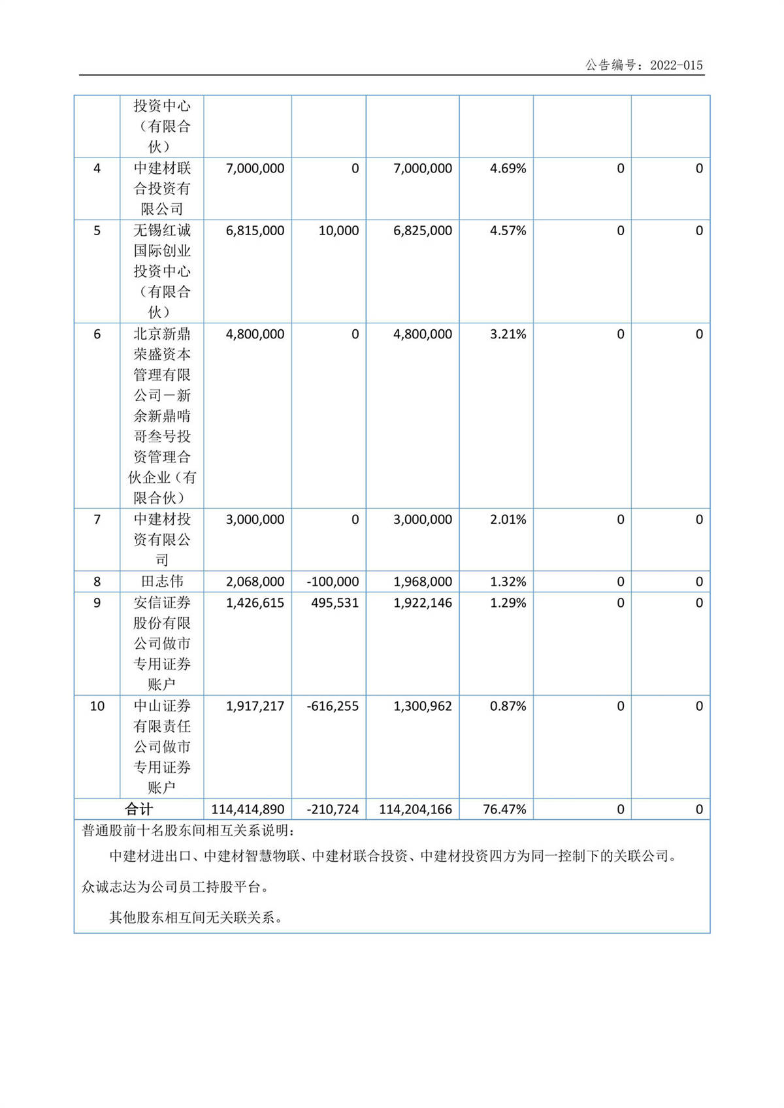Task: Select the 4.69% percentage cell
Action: tap(508, 169)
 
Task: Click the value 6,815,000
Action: tap(255, 231)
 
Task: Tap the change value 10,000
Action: tap(338, 231)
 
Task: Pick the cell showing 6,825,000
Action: tap(422, 231)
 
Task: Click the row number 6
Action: tap(97, 334)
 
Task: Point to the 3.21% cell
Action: tap(508, 334)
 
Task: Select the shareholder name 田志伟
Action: tap(162, 581)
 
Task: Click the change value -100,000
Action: tap(333, 581)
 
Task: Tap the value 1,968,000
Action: tap(422, 581)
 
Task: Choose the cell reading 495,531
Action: tap(335, 603)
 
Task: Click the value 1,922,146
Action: tap(422, 603)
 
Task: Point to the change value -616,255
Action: tap(333, 706)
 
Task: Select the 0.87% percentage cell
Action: tap(508, 706)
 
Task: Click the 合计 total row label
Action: tap(139, 809)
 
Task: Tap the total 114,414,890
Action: tap(248, 809)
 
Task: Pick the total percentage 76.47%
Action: tap(504, 809)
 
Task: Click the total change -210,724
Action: tap(333, 809)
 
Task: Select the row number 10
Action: tap(97, 706)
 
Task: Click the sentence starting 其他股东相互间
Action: tap(196, 918)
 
